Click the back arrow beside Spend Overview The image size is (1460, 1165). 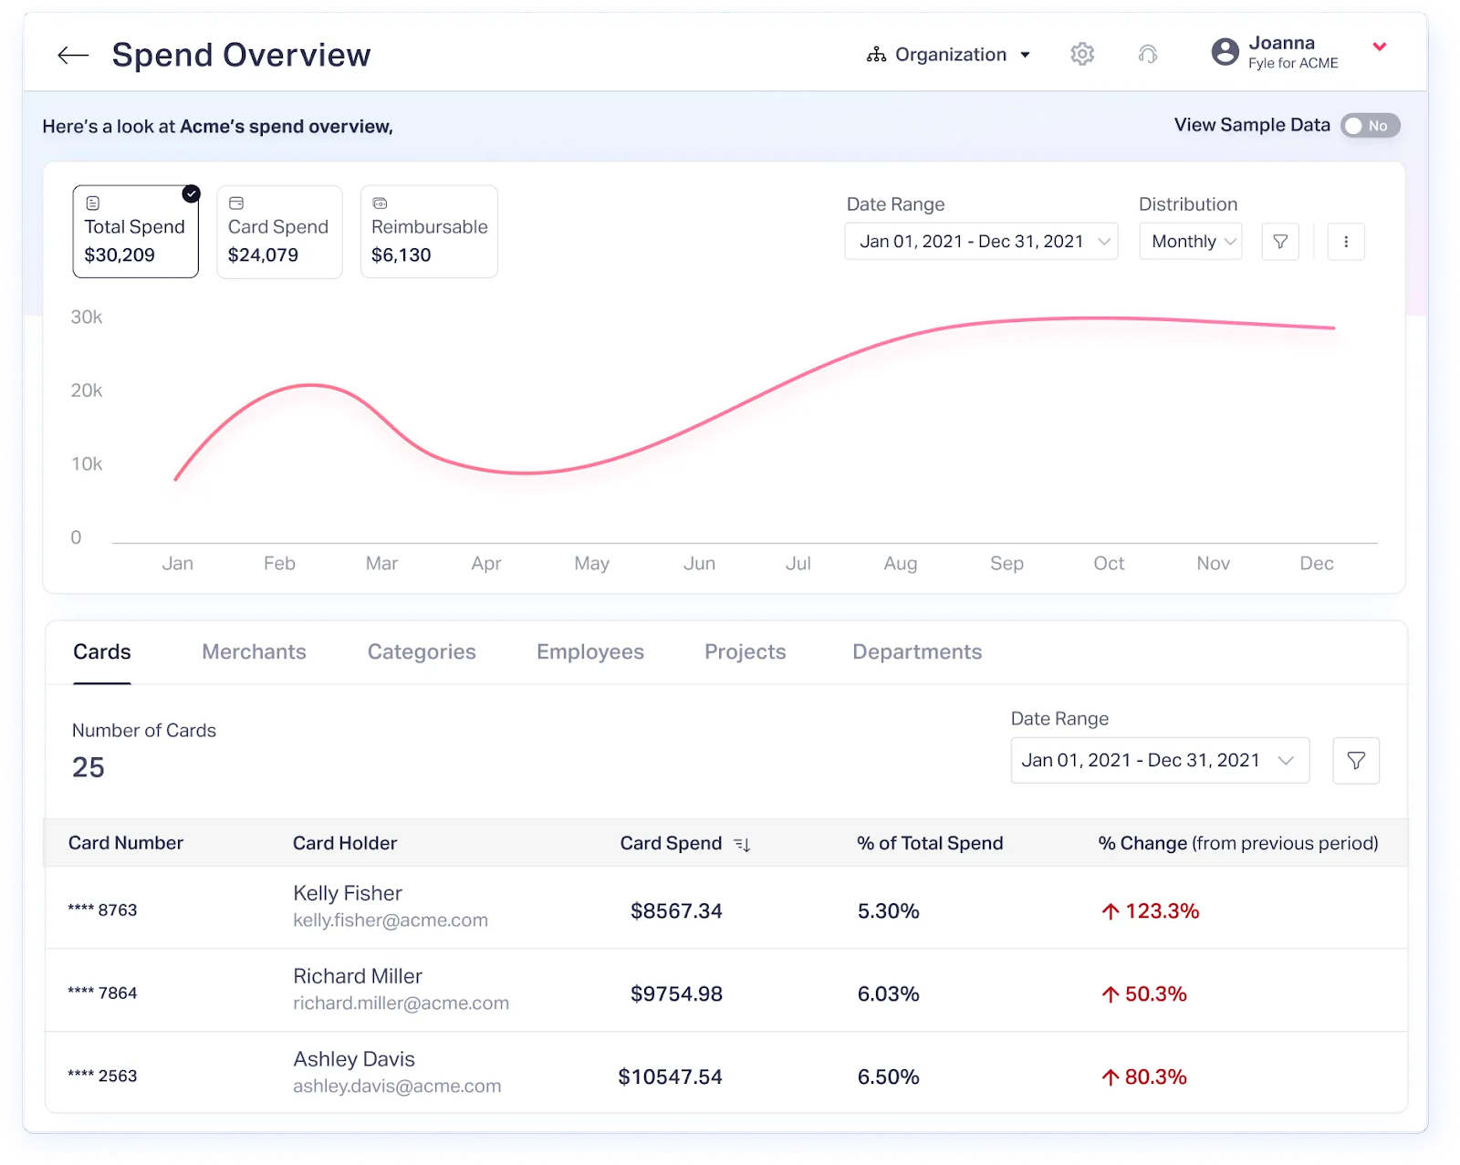[x=73, y=56]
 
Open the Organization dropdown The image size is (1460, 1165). [x=949, y=55]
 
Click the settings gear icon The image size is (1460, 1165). [x=1082, y=55]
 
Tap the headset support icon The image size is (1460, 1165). [x=1148, y=55]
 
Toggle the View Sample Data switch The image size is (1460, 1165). [x=1370, y=126]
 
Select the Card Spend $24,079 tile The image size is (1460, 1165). [x=279, y=232]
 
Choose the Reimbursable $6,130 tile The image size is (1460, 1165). [x=429, y=232]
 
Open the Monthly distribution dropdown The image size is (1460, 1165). [x=1190, y=242]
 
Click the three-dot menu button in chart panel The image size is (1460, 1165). [x=1345, y=242]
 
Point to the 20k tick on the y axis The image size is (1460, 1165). [x=87, y=390]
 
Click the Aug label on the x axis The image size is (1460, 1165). [x=900, y=564]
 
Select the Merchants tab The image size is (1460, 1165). [x=254, y=652]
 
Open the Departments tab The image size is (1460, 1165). [x=917, y=652]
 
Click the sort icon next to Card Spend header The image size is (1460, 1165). [x=742, y=845]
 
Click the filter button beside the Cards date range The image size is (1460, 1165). [x=1356, y=761]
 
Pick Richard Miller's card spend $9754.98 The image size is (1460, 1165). [x=676, y=993]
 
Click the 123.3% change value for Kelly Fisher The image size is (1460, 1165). [x=1161, y=911]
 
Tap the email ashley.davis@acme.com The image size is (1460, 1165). [x=397, y=1087]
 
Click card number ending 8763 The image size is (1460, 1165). [x=102, y=910]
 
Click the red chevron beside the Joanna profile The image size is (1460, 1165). [x=1380, y=47]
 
